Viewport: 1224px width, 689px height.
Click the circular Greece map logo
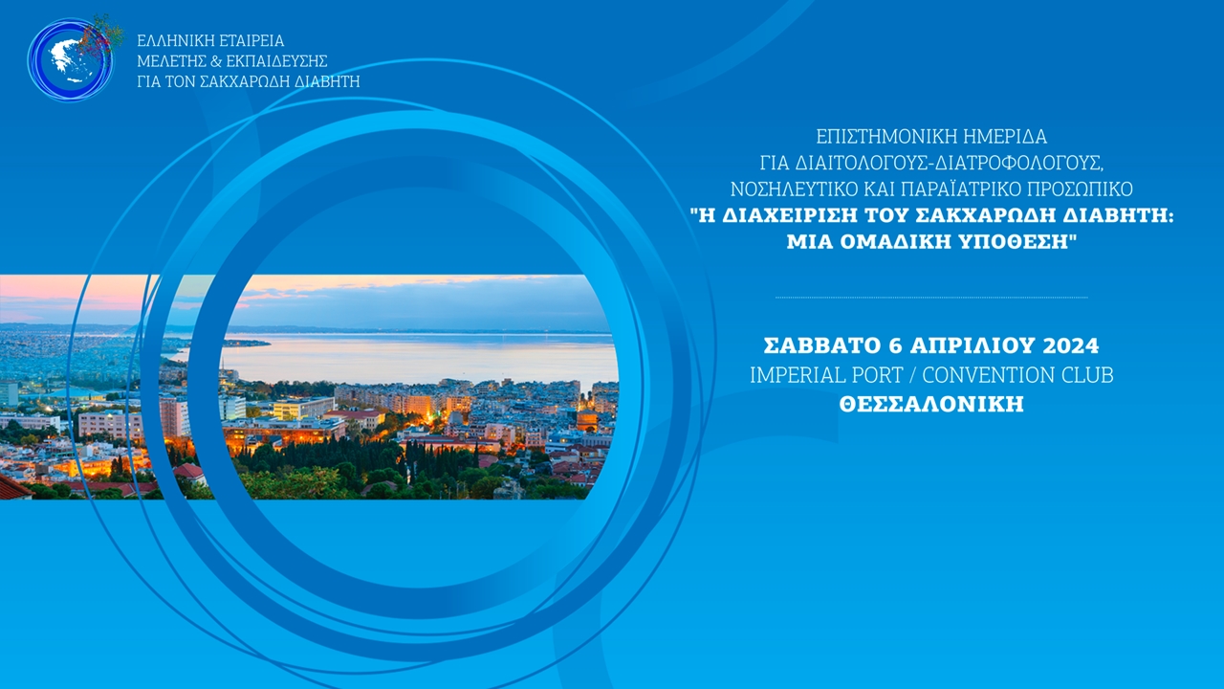click(71, 59)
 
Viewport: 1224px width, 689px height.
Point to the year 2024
click(1066, 344)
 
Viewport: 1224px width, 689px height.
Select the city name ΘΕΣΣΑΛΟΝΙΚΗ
click(931, 405)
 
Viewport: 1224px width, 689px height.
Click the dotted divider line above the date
click(931, 298)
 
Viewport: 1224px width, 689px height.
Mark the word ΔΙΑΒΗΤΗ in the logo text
click(323, 81)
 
